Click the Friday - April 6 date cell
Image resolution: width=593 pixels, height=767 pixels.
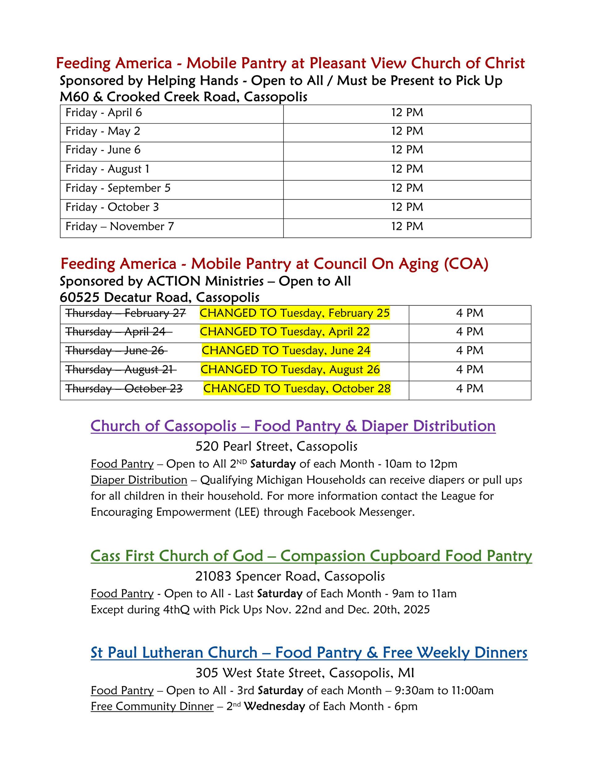pyautogui.click(x=104, y=113)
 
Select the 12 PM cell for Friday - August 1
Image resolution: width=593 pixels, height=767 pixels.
pyautogui.click(x=407, y=169)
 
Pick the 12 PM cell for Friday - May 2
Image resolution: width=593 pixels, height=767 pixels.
pyautogui.click(x=407, y=131)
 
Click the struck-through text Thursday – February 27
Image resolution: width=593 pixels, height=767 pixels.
pyautogui.click(x=125, y=313)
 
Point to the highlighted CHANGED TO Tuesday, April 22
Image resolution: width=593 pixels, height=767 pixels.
pyautogui.click(x=284, y=332)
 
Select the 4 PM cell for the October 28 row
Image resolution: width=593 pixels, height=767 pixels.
pyautogui.click(x=470, y=389)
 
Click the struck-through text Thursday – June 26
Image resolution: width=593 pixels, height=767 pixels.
pyautogui.click(x=116, y=350)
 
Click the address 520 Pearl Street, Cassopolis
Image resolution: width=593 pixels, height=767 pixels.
pyautogui.click(x=276, y=446)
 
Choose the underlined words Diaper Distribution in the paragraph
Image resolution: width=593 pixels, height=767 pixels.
pyautogui.click(x=139, y=480)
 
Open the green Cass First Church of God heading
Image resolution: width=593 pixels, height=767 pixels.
pyautogui.click(x=311, y=556)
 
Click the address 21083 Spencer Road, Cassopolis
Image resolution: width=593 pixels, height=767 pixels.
pyautogui.click(x=290, y=576)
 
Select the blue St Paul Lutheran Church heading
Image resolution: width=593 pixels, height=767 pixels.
pyautogui.click(x=309, y=652)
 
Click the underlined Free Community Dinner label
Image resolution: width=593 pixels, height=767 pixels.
pyautogui.click(x=152, y=706)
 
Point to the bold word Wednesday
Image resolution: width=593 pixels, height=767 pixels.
pyautogui.click(x=274, y=706)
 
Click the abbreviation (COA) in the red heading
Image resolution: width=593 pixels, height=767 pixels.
pyautogui.click(x=466, y=264)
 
